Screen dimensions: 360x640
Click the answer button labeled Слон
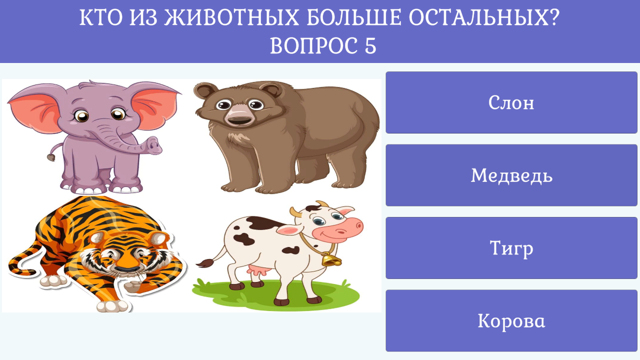pyautogui.click(x=511, y=102)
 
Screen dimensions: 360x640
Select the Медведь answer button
pyautogui.click(x=511, y=175)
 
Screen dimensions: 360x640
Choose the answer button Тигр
pyautogui.click(x=511, y=248)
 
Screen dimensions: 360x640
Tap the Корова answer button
pyautogui.click(x=511, y=321)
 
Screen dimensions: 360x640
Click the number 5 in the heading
pyautogui.click(x=370, y=46)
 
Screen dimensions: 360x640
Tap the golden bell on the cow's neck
pyautogui.click(x=330, y=260)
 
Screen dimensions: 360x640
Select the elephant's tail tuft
pyautogui.click(x=50, y=157)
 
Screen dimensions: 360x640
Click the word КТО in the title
pyautogui.click(x=100, y=19)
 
